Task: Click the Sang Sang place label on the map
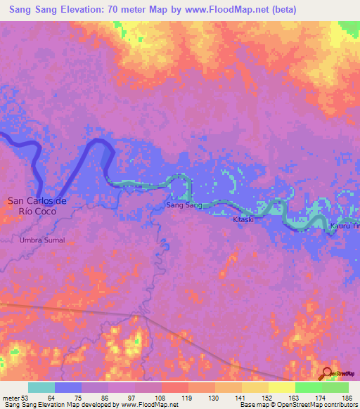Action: [184, 205]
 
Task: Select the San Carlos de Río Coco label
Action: [37, 205]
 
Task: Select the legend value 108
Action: [161, 398]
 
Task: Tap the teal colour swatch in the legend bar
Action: [41, 387]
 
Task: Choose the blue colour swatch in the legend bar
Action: [68, 387]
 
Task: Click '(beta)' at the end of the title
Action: [284, 9]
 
